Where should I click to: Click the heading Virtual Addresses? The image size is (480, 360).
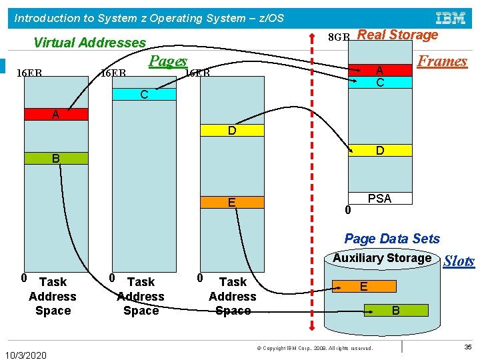89,43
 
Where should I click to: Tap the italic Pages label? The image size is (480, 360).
167,61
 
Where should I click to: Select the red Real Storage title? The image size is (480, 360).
398,35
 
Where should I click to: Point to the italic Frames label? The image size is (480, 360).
441,61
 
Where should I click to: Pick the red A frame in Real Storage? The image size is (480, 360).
380,70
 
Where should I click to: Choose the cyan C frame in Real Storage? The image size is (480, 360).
380,83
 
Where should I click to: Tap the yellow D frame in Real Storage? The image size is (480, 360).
379,151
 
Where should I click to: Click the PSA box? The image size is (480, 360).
379,198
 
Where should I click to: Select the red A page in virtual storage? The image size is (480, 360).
56,115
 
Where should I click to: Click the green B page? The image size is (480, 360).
56,159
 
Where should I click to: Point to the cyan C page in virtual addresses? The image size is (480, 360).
144,95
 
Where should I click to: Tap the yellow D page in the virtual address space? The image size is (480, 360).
231,131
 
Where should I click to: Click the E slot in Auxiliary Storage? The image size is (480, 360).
364,286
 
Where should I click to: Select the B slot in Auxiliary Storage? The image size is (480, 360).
395,310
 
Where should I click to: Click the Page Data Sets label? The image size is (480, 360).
392,239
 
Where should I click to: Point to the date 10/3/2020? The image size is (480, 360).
25,355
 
